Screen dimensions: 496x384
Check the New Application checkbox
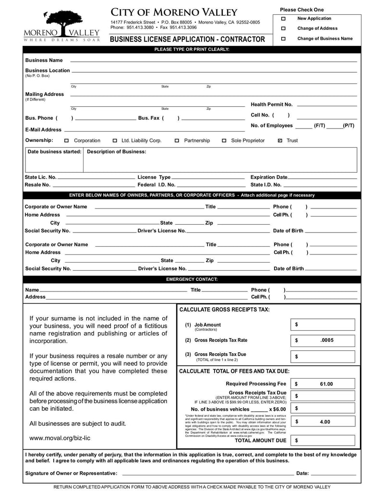coord(283,19)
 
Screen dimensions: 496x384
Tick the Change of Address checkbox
coord(283,29)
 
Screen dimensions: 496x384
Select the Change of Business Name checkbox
coord(283,39)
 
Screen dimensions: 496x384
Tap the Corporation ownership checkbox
coord(67,141)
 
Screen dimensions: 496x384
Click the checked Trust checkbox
coord(280,141)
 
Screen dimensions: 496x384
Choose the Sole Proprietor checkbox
coord(224,141)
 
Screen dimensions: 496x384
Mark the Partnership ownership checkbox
coord(177,141)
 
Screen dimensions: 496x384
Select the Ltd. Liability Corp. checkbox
coord(115,141)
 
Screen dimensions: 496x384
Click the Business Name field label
coord(44,60)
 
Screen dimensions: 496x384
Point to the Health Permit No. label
coord(271,104)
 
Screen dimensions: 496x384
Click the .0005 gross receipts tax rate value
coord(326,340)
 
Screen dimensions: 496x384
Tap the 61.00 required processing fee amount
coord(326,384)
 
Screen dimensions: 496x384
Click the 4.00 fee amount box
coord(324,422)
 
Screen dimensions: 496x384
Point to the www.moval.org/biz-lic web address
coord(60,438)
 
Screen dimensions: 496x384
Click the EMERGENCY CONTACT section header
coord(192,279)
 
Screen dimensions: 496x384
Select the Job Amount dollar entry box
coord(323,325)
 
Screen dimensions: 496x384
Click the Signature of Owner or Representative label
coord(71,473)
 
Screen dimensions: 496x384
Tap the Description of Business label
coord(117,152)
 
